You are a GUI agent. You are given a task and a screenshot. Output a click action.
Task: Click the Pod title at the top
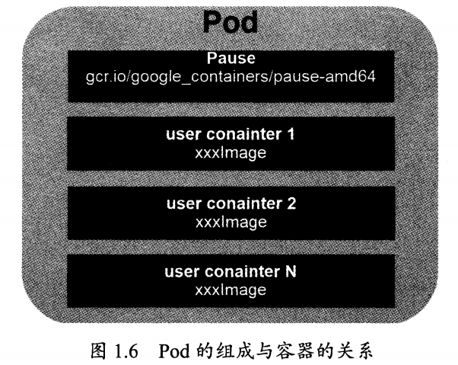click(x=231, y=23)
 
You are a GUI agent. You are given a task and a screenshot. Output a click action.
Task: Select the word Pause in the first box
click(x=231, y=58)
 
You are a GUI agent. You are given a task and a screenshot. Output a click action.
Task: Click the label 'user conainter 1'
click(x=231, y=136)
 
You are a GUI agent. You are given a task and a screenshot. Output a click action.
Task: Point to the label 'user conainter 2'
click(x=231, y=204)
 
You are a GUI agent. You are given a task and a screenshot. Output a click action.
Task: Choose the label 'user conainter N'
click(x=231, y=273)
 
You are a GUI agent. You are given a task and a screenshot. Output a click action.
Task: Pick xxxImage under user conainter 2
click(x=231, y=222)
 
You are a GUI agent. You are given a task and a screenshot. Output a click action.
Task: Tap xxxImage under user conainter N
click(x=231, y=290)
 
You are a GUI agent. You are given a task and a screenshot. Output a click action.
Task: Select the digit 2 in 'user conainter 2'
click(x=291, y=204)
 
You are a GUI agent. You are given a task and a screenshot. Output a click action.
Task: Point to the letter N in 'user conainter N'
click(x=291, y=273)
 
